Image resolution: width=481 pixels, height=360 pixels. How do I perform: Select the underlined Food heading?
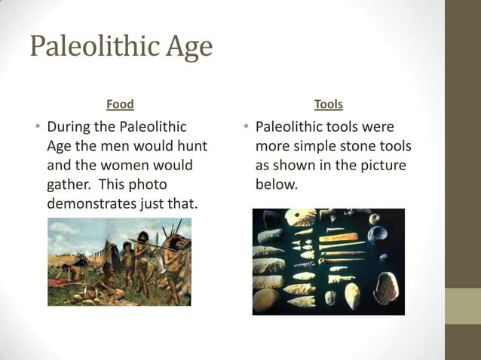coord(120,104)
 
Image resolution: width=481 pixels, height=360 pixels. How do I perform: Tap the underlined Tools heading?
coord(328,104)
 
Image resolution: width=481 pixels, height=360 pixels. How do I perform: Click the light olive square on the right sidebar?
coord(463,306)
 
